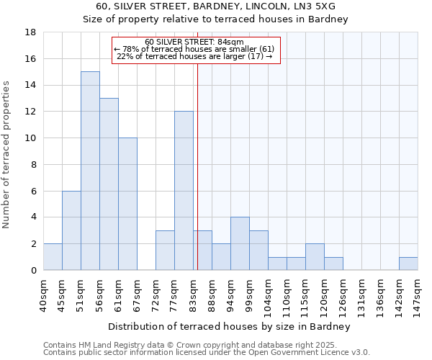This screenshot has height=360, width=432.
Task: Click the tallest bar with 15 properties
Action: (90, 171)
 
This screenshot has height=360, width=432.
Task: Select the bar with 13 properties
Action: (109, 184)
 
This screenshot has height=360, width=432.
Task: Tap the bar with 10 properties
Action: (127, 204)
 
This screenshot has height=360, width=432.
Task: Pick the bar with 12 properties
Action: (184, 191)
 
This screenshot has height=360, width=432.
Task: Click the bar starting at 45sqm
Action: (71, 230)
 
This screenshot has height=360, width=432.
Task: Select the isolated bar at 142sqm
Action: (408, 264)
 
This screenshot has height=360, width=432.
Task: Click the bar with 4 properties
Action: (240, 243)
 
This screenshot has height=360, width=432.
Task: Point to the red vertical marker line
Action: (197, 166)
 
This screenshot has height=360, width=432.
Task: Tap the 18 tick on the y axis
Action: (31, 32)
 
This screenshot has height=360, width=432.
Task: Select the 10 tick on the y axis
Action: (31, 138)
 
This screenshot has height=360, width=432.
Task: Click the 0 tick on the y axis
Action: (33, 270)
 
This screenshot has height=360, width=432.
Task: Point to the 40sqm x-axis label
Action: (44, 294)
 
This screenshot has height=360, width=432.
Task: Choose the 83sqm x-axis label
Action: (194, 294)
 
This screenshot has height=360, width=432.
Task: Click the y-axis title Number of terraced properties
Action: (7, 155)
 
